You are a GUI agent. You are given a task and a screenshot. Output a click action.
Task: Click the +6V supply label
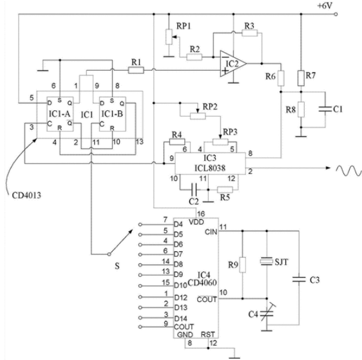[325, 6]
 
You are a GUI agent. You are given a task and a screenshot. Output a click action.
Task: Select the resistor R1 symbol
[136, 70]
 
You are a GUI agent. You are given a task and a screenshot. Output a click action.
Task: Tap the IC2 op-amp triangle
[233, 64]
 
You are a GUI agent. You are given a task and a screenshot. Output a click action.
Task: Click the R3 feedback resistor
[249, 33]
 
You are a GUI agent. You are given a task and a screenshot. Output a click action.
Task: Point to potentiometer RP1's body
[169, 37]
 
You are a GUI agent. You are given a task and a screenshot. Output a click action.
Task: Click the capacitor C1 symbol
[325, 109]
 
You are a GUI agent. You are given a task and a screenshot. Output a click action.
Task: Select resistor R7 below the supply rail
[301, 78]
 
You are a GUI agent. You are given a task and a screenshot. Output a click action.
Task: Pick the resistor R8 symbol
[301, 109]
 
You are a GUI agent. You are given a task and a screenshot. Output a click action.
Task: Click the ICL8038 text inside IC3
[210, 168]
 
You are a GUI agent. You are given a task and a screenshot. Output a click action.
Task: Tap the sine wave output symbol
[349, 171]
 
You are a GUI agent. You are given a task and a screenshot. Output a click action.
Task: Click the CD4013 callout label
[26, 196]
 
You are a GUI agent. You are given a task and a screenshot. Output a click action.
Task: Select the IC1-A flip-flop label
[59, 114]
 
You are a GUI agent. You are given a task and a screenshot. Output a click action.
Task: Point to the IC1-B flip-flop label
[112, 114]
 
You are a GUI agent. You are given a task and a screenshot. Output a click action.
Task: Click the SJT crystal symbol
[267, 261]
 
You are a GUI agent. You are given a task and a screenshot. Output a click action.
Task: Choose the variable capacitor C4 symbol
[267, 314]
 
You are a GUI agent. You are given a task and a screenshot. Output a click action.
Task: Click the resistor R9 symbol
[242, 265]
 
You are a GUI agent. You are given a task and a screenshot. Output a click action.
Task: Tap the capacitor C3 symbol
[299, 279]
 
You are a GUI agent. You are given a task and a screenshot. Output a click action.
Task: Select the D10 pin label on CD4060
[180, 285]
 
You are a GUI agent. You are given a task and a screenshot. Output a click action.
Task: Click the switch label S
[117, 266]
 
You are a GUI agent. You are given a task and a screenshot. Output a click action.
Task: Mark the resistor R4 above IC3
[177, 142]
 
